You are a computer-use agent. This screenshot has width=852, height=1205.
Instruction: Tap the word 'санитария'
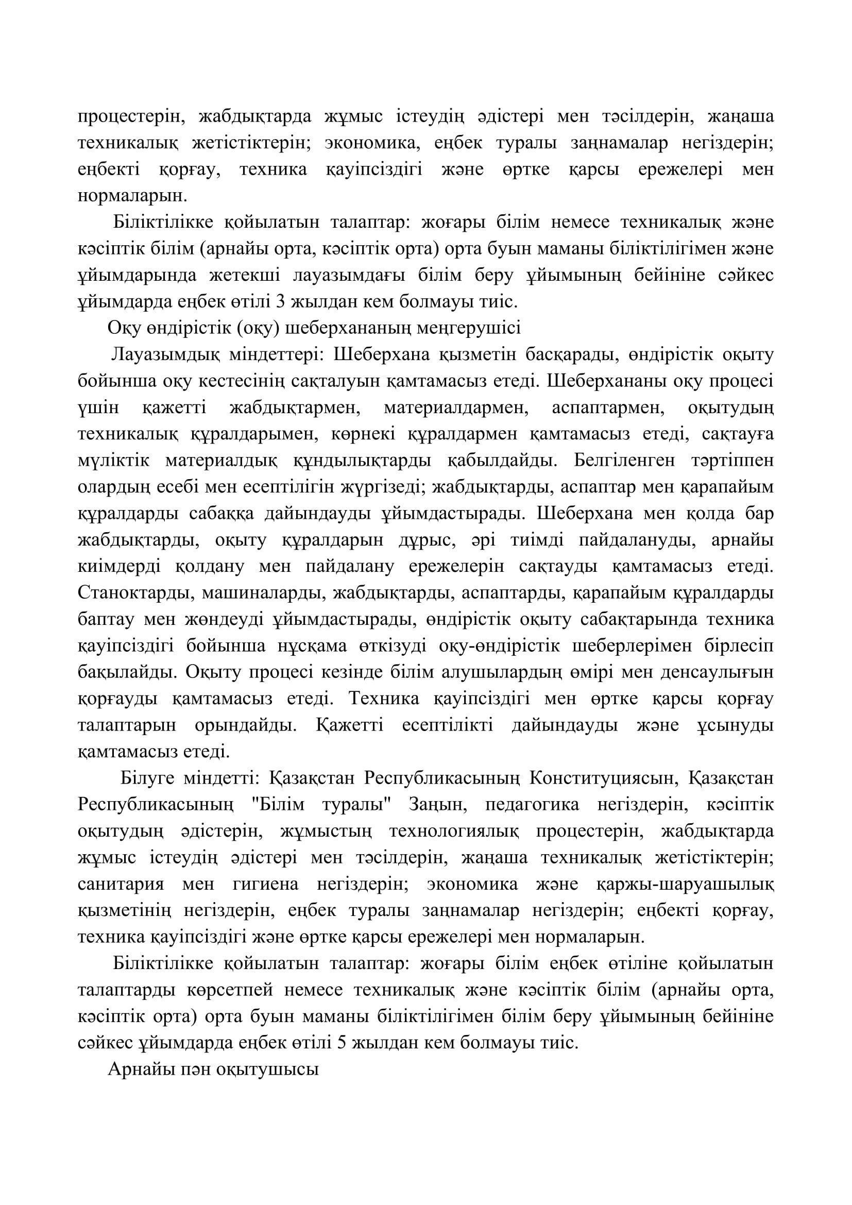pyautogui.click(x=121, y=884)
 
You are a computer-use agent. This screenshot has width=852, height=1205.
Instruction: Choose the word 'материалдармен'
pyautogui.click(x=455, y=408)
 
